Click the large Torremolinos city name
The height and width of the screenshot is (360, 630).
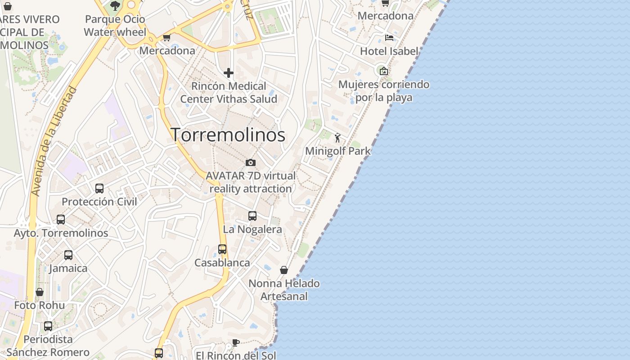click(228, 135)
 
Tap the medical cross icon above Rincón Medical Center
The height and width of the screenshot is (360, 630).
click(229, 72)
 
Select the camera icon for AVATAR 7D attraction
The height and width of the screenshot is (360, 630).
click(251, 162)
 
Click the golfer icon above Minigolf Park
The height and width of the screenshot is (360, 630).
click(337, 138)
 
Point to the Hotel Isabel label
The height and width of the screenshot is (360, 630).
click(389, 51)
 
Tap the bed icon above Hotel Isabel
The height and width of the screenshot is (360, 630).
click(389, 38)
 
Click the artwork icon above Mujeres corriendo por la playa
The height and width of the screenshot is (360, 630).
click(383, 71)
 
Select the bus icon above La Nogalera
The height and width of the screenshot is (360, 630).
click(252, 216)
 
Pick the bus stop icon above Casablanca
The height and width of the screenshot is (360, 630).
click(222, 249)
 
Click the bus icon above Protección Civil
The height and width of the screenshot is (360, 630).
click(99, 189)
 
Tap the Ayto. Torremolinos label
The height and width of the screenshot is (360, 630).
click(61, 233)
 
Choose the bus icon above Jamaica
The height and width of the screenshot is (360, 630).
click(68, 255)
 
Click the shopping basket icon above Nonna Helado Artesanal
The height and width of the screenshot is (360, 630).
click(284, 270)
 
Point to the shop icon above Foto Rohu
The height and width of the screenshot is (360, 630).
click(40, 292)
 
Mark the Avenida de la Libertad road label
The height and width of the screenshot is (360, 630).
click(53, 141)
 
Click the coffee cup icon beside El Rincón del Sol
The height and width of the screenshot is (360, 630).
click(235, 343)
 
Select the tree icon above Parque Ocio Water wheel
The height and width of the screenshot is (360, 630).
click(115, 5)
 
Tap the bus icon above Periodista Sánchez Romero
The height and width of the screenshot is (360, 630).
click(48, 326)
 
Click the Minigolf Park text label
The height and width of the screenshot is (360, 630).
click(338, 151)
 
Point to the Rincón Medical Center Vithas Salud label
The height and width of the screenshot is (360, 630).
click(229, 93)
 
